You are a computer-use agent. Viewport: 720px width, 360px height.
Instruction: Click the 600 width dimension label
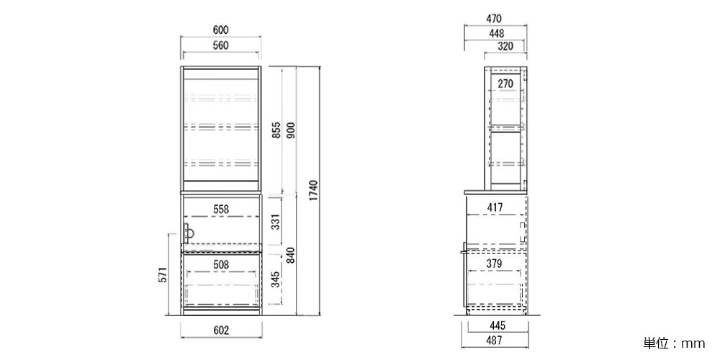point(220,30)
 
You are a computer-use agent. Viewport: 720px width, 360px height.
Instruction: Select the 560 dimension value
point(220,45)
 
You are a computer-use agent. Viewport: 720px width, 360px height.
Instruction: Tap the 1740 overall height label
point(314,192)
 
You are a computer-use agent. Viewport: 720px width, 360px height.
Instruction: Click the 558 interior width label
point(220,209)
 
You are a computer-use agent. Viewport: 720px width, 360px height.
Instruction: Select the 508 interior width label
point(220,264)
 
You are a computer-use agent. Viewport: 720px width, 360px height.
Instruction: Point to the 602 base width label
point(221,330)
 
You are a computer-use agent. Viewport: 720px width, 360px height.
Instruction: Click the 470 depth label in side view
point(493,19)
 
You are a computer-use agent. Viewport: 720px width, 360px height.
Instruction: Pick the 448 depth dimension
point(496,33)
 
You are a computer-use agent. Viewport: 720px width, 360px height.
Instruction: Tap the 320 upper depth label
point(505,46)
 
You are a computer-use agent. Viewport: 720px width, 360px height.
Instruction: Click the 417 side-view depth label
point(495,207)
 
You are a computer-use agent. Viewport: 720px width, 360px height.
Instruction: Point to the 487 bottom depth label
point(494,341)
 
